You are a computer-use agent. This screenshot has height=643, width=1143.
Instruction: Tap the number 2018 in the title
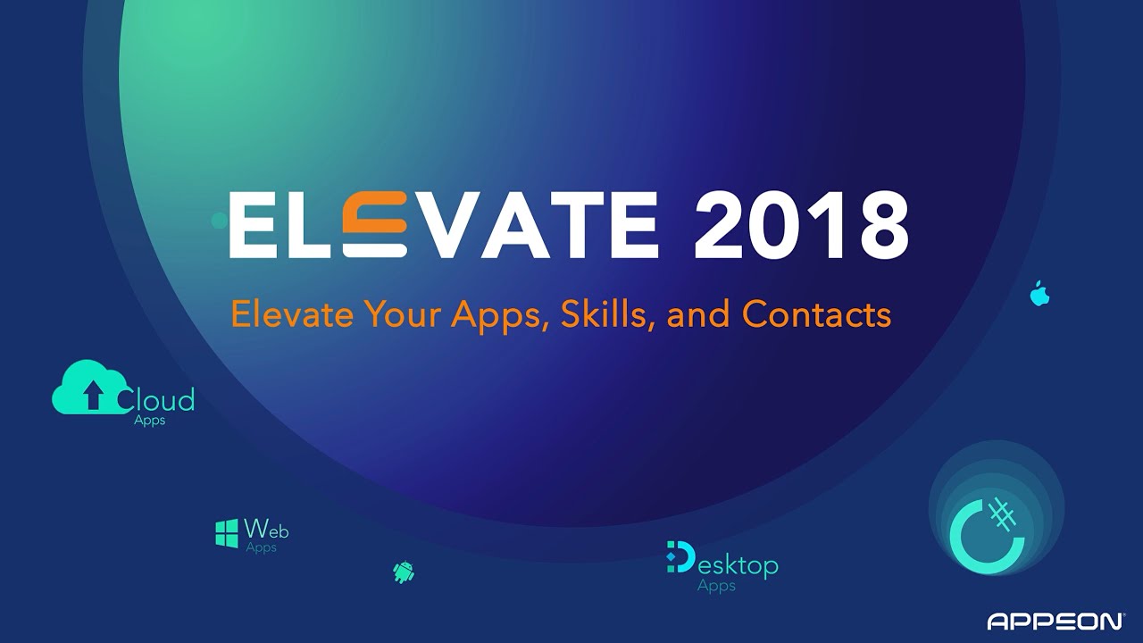801,224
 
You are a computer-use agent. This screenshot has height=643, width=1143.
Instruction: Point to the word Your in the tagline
404,313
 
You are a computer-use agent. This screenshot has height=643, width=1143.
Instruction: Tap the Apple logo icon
1039,293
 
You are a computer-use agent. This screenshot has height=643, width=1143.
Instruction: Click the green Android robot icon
404,572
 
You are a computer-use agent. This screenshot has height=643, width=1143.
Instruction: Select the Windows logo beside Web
227,534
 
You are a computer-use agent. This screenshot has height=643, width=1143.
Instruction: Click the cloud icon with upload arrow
89,387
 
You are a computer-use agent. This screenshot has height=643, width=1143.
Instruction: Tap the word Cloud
155,399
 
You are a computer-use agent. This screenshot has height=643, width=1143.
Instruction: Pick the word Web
266,529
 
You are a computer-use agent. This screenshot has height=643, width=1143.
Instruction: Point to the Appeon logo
1055,621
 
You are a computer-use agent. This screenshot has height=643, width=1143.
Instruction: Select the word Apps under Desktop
716,586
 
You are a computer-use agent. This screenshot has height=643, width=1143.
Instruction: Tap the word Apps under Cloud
149,421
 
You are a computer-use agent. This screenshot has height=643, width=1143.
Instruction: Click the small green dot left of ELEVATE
220,221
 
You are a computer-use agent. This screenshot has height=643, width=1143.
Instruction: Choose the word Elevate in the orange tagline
292,313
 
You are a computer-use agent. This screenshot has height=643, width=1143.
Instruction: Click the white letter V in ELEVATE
443,224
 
